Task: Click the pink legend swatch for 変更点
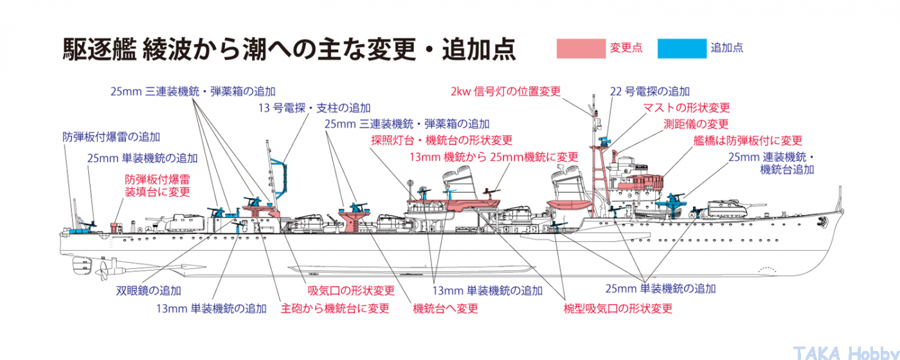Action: pos(580,49)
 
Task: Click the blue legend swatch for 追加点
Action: pos(681,49)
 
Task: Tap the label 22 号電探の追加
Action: pos(650,91)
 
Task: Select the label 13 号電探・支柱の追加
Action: pos(314,108)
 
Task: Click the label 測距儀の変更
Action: pos(696,124)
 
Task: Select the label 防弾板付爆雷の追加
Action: pos(111,137)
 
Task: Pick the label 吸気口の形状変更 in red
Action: pos(351,291)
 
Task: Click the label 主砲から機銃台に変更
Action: pos(335,309)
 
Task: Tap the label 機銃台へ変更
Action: pos(446,309)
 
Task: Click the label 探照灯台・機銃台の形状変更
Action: pos(442,140)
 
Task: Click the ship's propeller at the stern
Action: pos(102,273)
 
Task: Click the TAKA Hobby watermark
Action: pos(845,352)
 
